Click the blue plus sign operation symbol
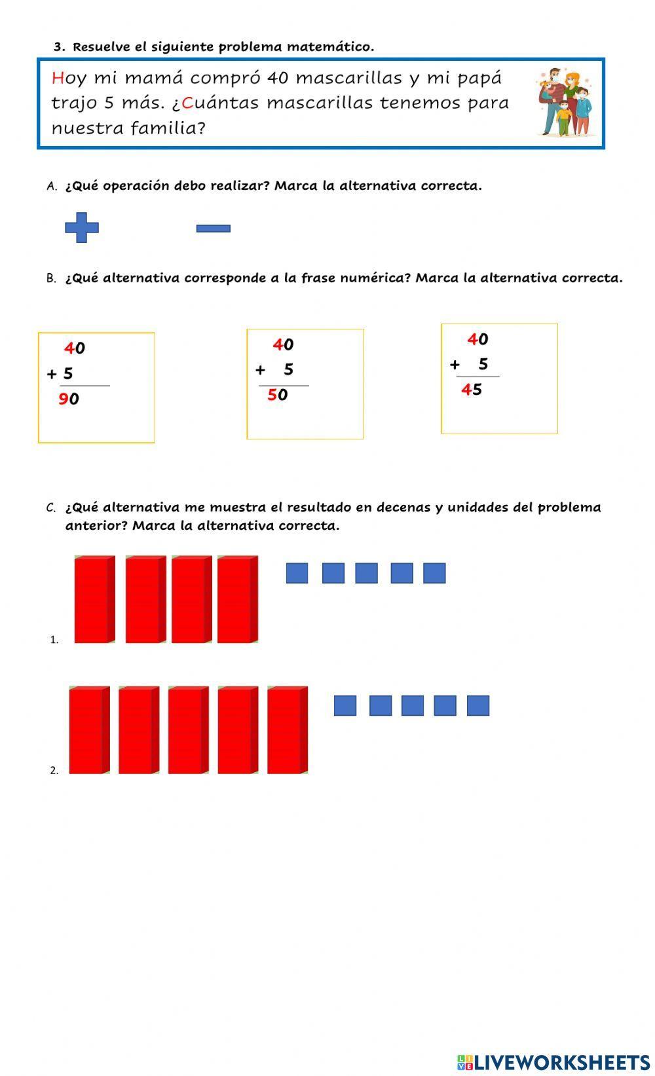point(82,227)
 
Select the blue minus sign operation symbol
point(214,229)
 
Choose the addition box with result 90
point(96,388)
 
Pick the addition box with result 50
point(305,384)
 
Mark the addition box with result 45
point(499,379)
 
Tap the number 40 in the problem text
point(278,78)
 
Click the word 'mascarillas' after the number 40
point(348,78)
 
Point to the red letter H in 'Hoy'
point(57,78)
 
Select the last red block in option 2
point(287,730)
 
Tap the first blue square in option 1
point(297,573)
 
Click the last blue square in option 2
point(477,705)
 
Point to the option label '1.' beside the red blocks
point(54,640)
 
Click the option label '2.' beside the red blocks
point(54,770)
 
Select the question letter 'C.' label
point(51,508)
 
